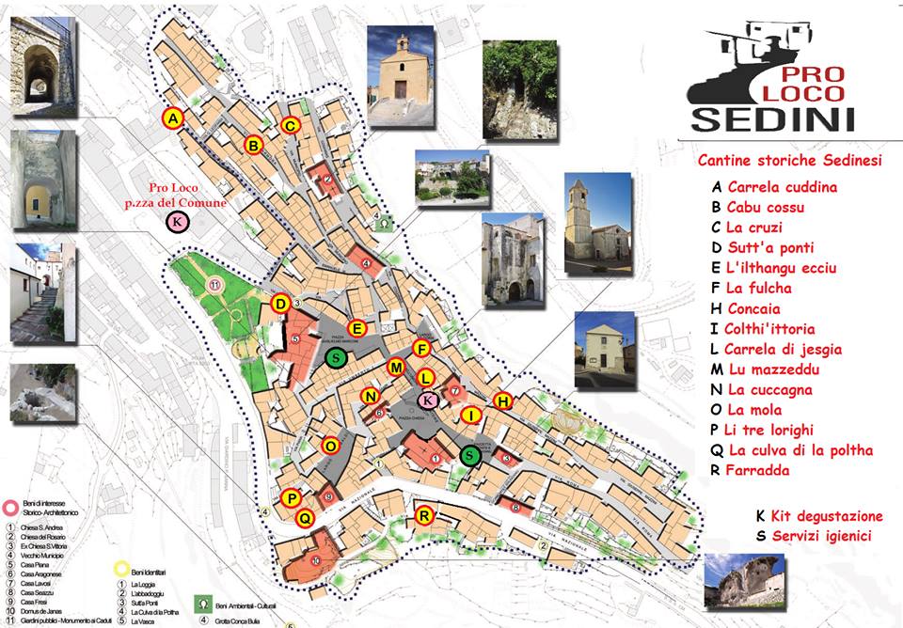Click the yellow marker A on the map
(x=172, y=118)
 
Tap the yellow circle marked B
(x=253, y=145)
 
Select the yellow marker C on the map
(x=291, y=125)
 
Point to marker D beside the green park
(x=280, y=304)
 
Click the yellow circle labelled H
(x=502, y=401)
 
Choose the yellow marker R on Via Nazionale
(x=424, y=515)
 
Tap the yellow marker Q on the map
(x=304, y=517)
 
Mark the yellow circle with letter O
(x=330, y=445)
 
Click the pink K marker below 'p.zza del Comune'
(x=177, y=222)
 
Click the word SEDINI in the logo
(x=772, y=118)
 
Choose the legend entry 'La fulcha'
(x=759, y=289)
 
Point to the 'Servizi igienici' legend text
(x=819, y=536)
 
